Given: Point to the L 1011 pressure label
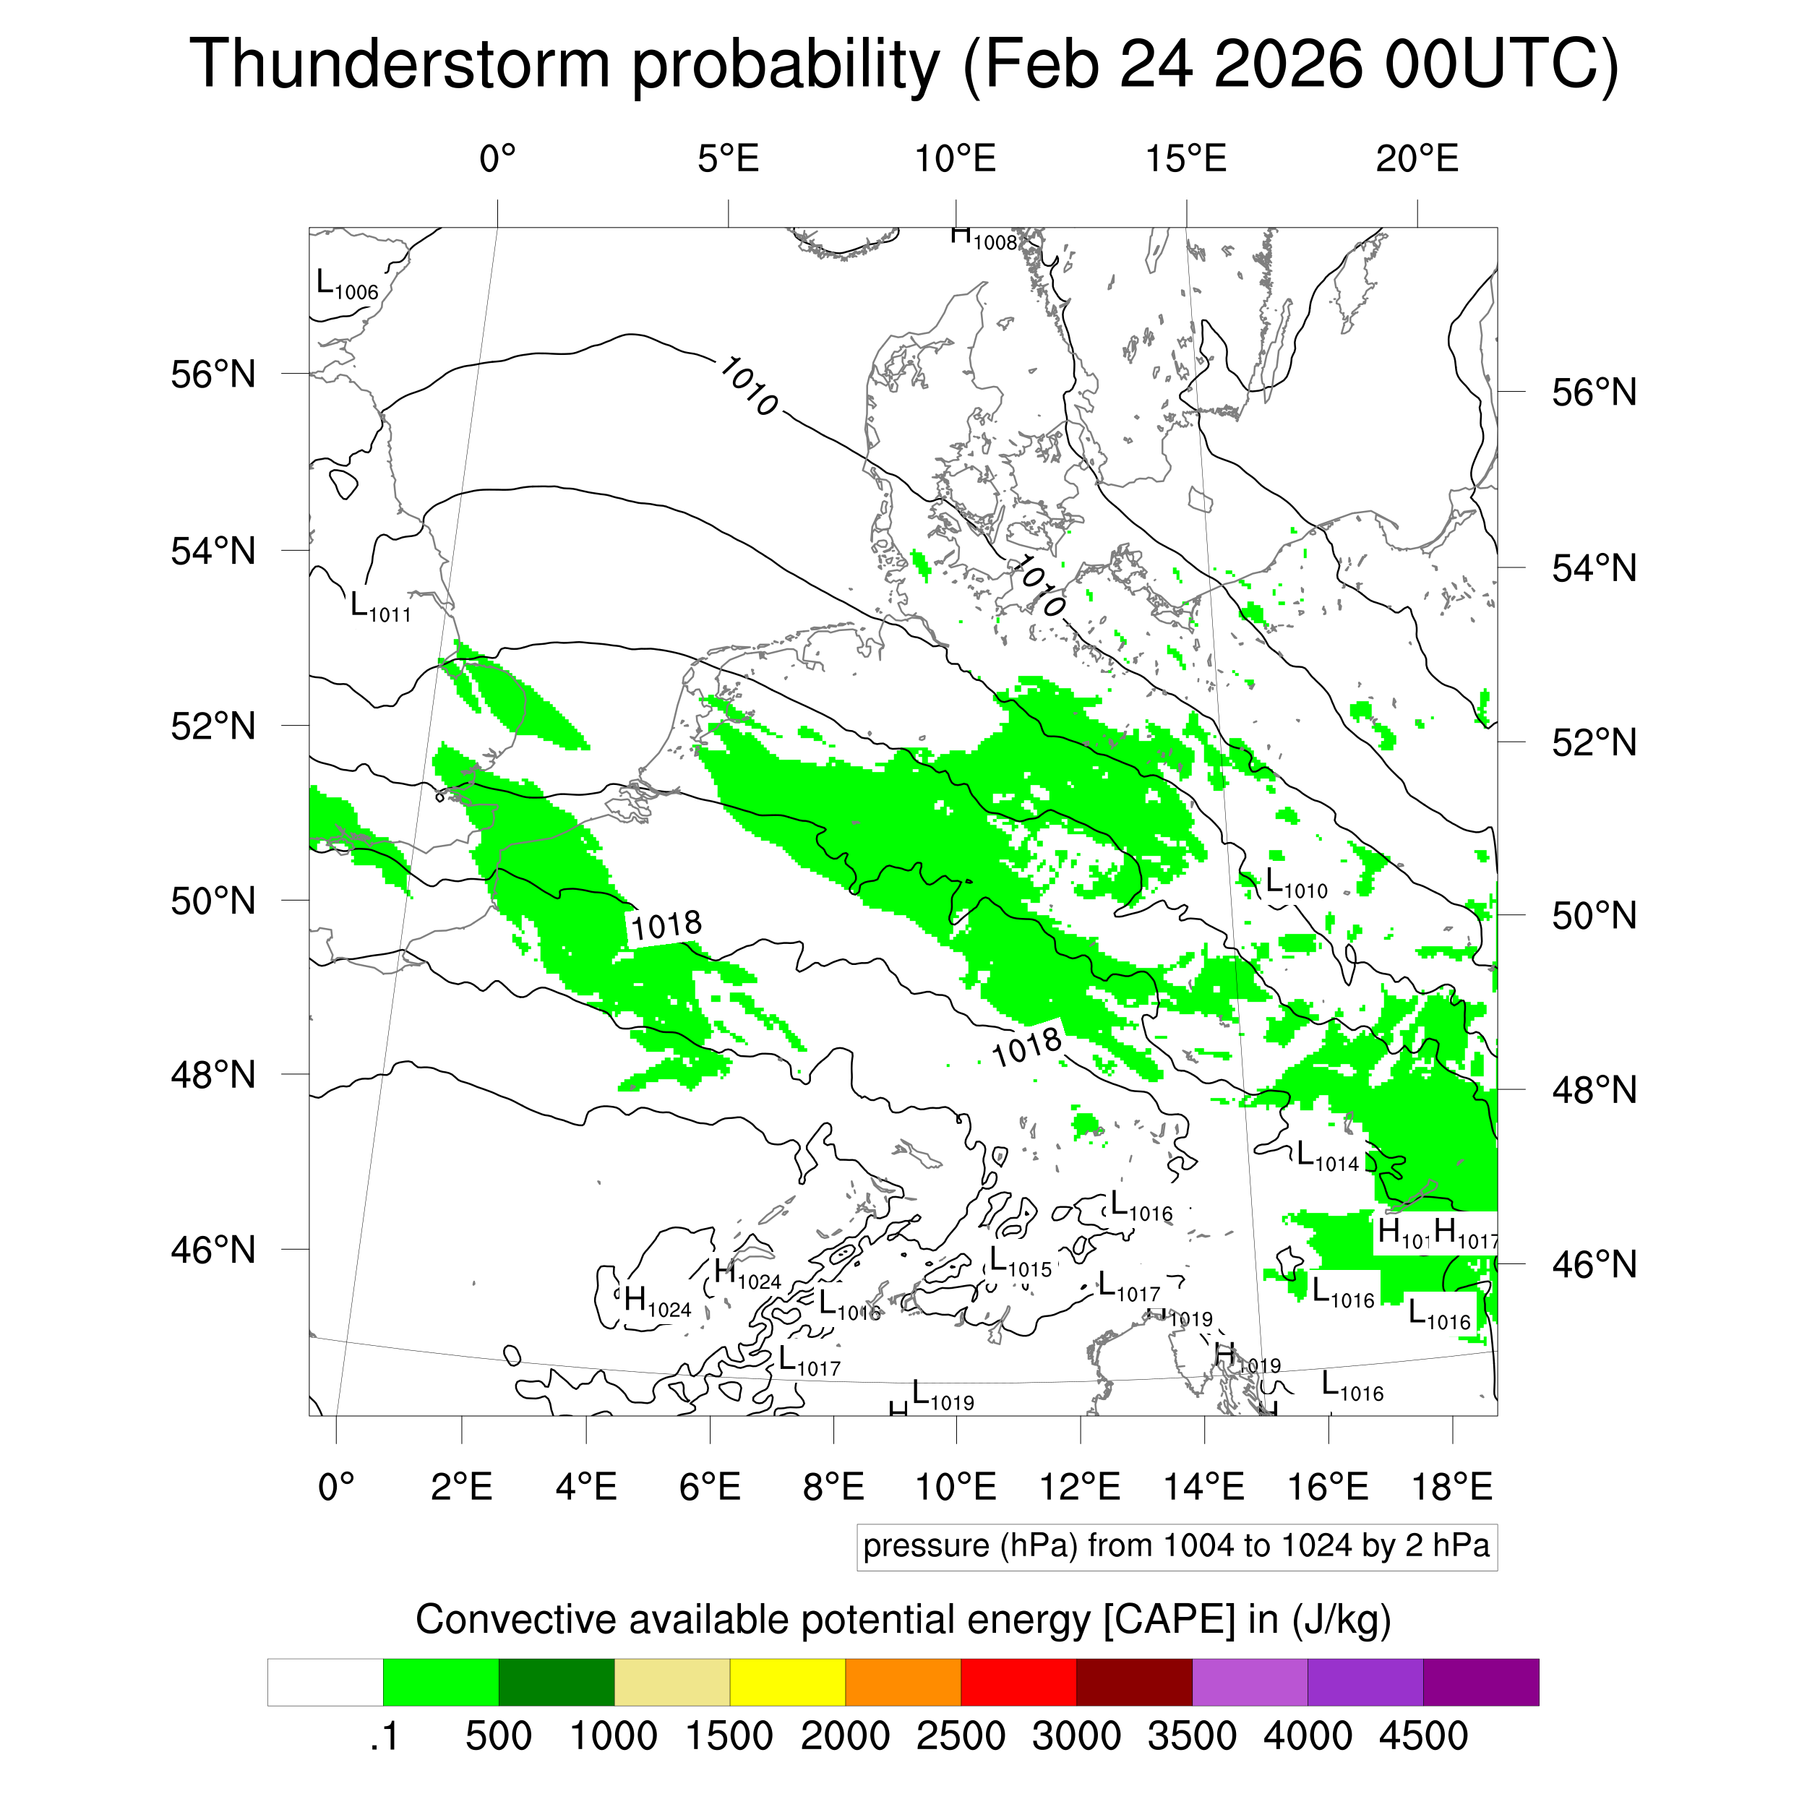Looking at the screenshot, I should [379, 607].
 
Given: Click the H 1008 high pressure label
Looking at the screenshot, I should [983, 239].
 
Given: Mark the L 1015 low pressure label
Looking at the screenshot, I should [1021, 1263].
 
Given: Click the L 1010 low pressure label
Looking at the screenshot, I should [1296, 883].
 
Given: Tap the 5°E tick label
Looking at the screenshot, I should [728, 160].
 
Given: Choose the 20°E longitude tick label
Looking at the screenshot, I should [1416, 160].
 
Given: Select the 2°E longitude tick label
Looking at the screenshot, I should [461, 1486].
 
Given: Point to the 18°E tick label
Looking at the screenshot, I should [1451, 1486].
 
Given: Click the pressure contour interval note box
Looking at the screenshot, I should [1176, 1546].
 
